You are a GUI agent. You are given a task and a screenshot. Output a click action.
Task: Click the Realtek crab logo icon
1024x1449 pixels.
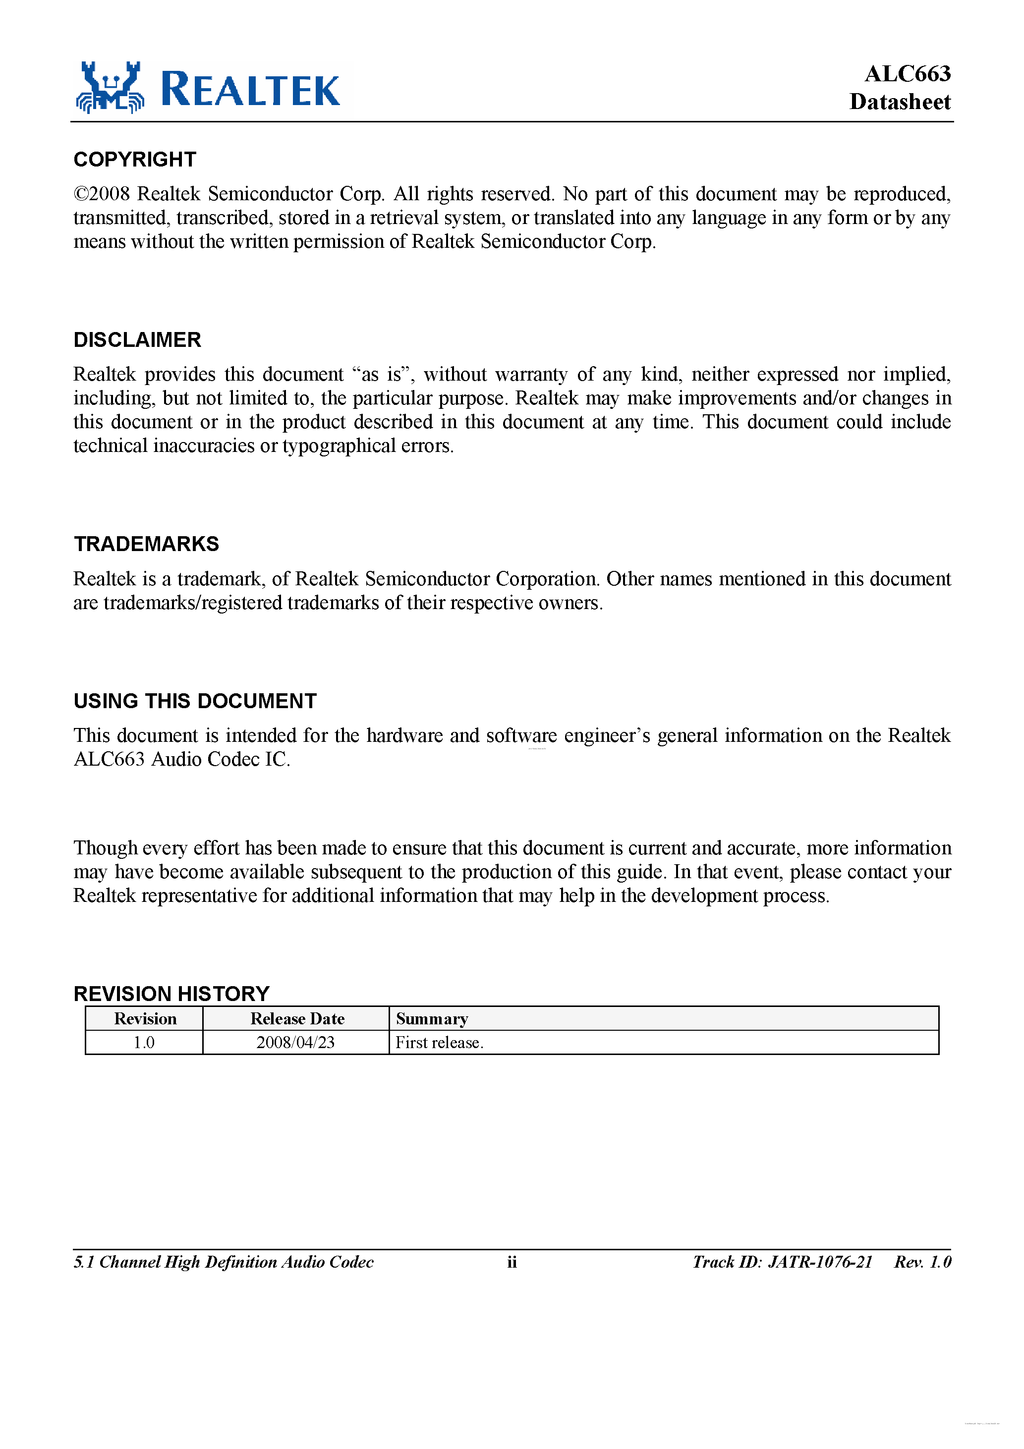pyautogui.click(x=110, y=88)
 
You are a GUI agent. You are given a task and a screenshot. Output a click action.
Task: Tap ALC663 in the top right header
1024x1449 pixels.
pyautogui.click(x=907, y=74)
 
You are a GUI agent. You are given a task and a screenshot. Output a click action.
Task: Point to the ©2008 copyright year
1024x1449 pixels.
pyautogui.click(x=102, y=194)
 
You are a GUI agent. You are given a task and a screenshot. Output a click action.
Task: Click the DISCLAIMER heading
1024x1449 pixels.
pyautogui.click(x=137, y=339)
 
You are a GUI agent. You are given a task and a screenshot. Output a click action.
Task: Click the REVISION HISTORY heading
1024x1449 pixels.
pyautogui.click(x=171, y=994)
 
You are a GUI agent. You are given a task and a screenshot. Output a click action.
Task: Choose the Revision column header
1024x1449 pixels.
pyautogui.click(x=145, y=1018)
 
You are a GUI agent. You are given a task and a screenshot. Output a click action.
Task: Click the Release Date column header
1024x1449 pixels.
pyautogui.click(x=297, y=1018)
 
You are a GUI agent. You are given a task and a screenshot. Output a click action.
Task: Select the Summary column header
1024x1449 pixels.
pyautogui.click(x=432, y=1018)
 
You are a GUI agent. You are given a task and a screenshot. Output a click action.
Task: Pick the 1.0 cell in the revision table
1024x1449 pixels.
pyautogui.click(x=143, y=1043)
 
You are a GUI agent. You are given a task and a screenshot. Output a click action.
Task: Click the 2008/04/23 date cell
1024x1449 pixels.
pyautogui.click(x=295, y=1043)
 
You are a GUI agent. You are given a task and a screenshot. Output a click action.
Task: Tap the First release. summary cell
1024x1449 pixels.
pyautogui.click(x=439, y=1043)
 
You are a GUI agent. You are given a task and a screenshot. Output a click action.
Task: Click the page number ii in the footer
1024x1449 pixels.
pyautogui.click(x=512, y=1262)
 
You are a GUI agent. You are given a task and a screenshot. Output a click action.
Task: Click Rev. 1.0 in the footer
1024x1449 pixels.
pyautogui.click(x=922, y=1262)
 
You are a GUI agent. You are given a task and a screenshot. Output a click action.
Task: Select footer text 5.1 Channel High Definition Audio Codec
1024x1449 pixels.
pyautogui.click(x=224, y=1262)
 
